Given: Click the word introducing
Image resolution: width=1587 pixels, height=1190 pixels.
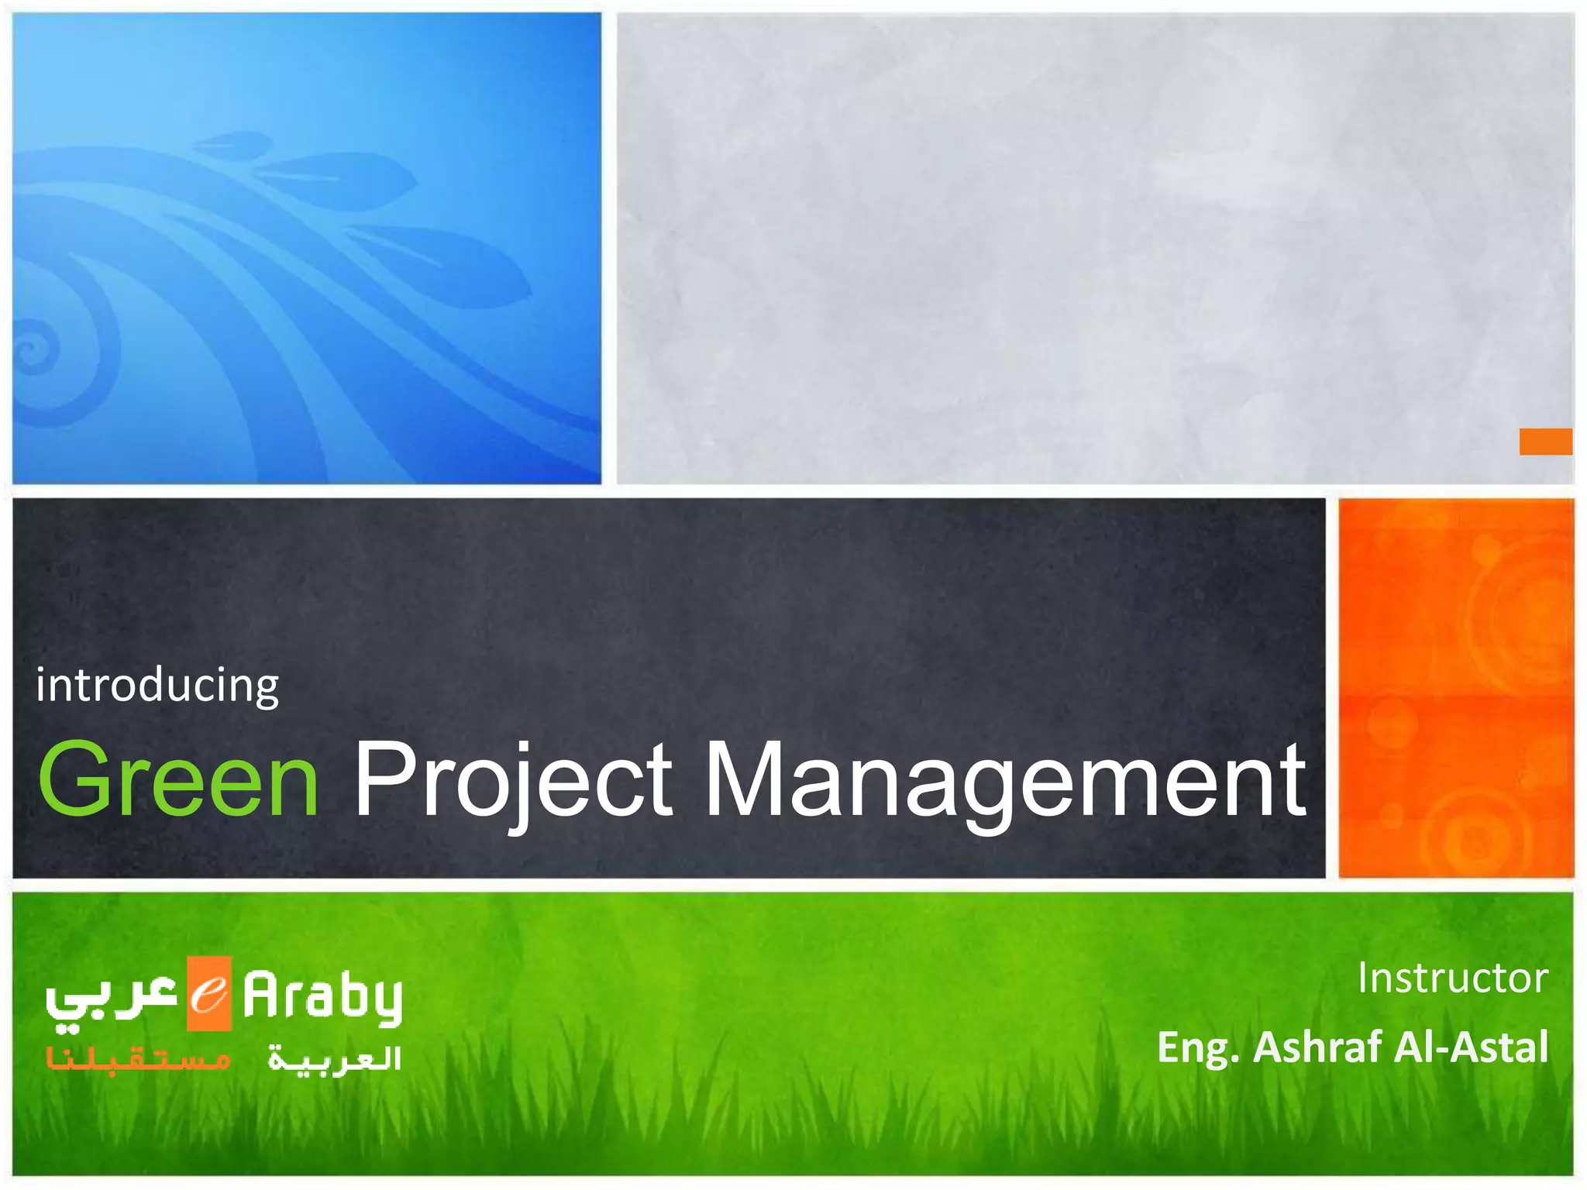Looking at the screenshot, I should (157, 686).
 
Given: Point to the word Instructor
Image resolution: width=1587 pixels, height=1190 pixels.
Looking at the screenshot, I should (1452, 978).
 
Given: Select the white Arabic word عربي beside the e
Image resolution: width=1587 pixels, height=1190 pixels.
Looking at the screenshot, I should (112, 999).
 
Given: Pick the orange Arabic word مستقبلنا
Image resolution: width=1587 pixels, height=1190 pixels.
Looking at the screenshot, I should (138, 1058).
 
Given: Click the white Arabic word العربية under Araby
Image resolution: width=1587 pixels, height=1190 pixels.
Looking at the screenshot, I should (335, 1058).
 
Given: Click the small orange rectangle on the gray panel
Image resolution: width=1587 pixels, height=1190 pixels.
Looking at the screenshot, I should (1545, 442).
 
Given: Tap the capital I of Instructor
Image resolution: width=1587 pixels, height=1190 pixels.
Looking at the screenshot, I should (1363, 978).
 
